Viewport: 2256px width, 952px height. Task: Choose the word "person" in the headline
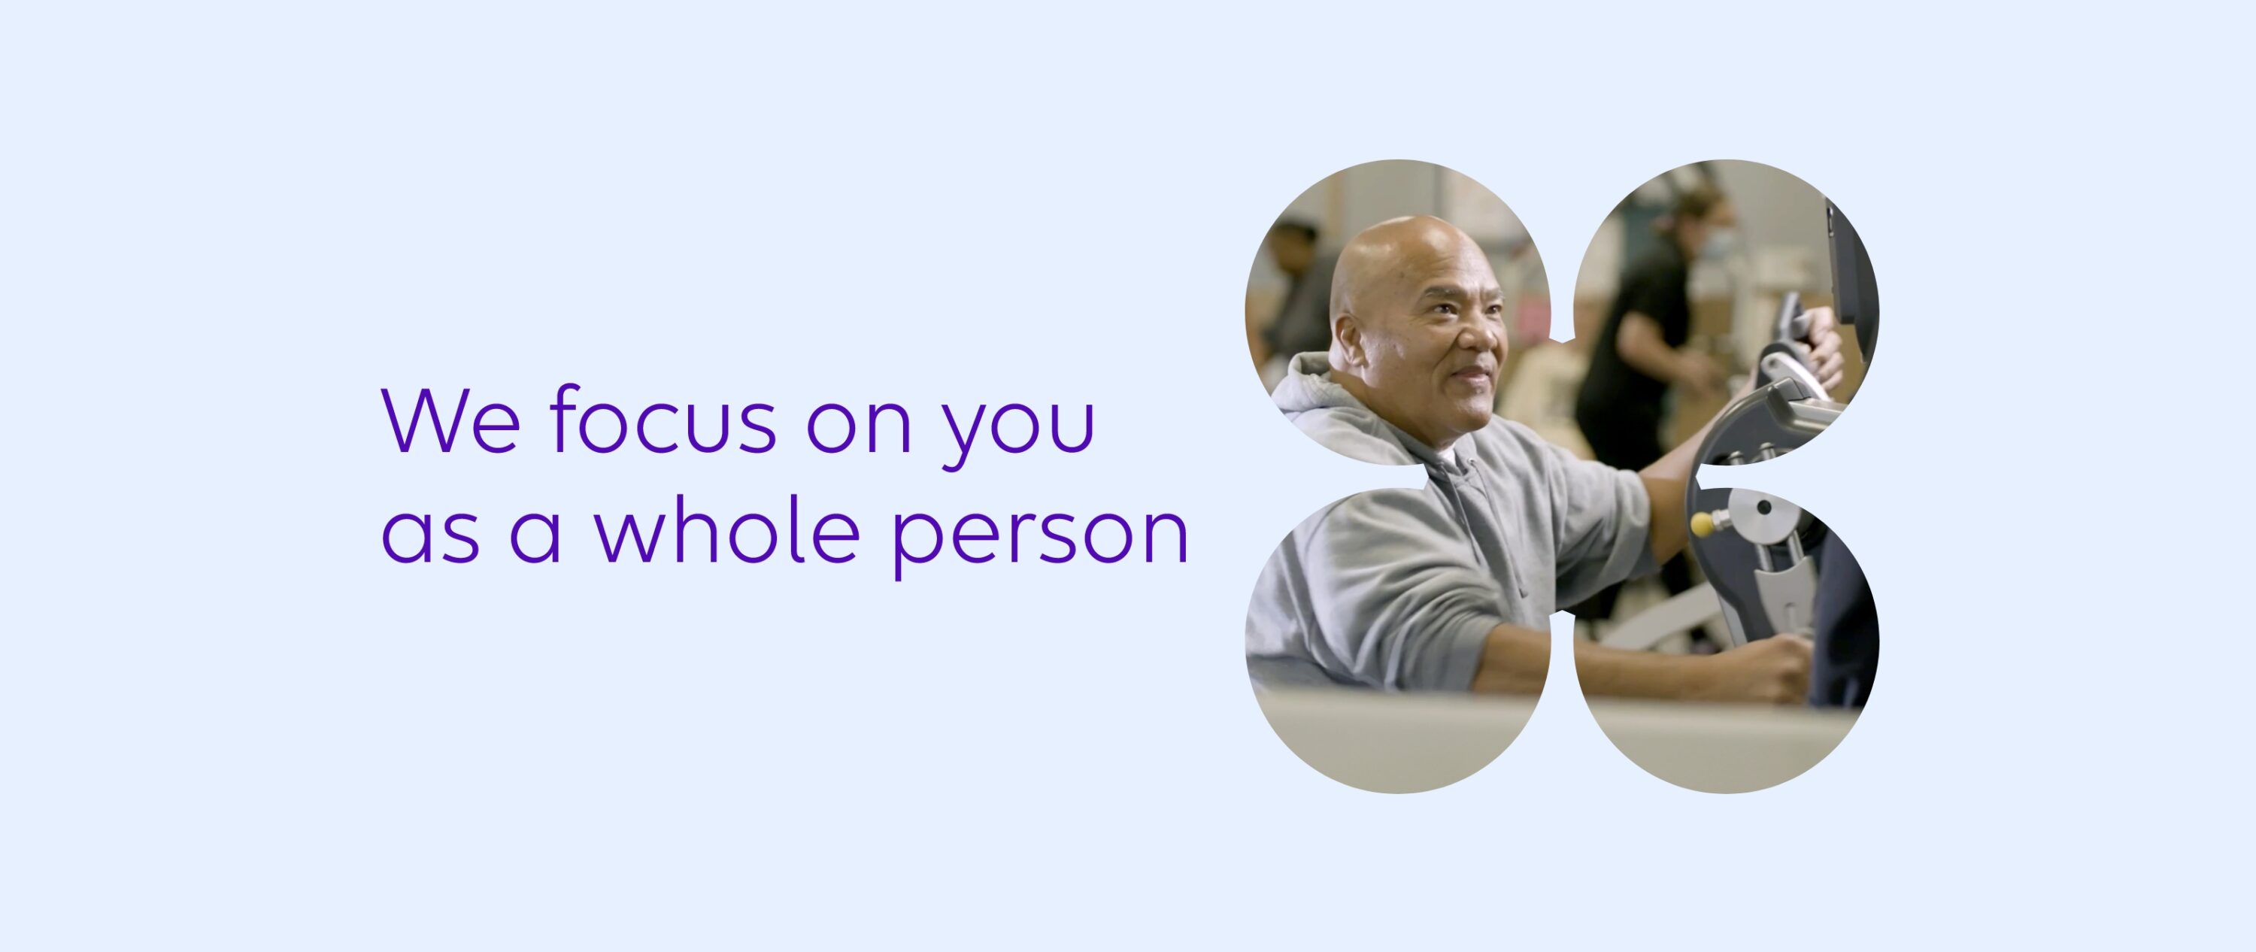1039,536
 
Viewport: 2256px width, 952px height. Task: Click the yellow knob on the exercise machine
1702,525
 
